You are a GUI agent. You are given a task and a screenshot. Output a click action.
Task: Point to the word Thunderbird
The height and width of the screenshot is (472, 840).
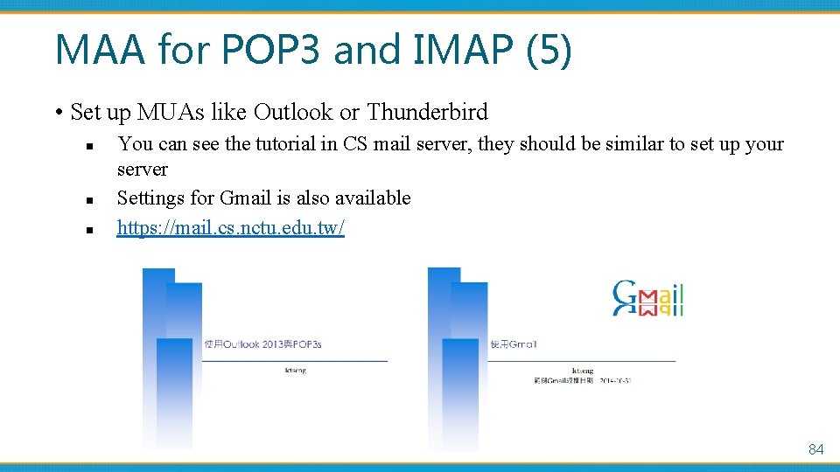[x=427, y=112]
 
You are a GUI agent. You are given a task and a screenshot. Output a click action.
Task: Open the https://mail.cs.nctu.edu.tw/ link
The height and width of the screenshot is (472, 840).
[x=231, y=228]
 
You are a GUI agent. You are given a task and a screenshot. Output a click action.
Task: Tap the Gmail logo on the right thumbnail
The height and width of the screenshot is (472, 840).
[x=647, y=299]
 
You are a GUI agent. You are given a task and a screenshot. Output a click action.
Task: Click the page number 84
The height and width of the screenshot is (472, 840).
[x=815, y=449]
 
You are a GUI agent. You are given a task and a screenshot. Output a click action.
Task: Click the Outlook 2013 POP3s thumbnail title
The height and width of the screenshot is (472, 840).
[x=262, y=344]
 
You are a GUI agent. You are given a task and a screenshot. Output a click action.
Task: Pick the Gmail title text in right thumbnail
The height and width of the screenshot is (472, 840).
[x=514, y=344]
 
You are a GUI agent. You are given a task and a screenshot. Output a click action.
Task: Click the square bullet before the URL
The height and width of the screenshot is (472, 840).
[x=90, y=229]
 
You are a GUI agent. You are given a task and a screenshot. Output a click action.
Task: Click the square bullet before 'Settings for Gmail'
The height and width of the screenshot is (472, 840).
[x=90, y=199]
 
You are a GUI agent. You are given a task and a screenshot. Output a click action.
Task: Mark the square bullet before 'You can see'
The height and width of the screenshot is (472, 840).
[x=90, y=145]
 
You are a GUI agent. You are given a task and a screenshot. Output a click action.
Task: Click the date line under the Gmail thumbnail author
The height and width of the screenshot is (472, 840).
[x=576, y=380]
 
